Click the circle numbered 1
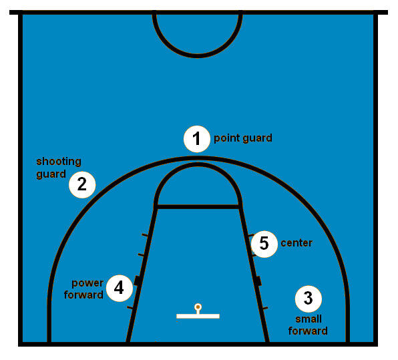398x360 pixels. point(197,139)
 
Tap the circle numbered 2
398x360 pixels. point(82,184)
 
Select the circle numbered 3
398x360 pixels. point(309,299)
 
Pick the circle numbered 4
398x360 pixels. point(120,288)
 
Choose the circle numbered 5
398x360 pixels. point(264,244)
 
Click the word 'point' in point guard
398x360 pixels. point(226,138)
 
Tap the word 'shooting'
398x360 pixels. point(59,162)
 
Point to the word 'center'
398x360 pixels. point(296,243)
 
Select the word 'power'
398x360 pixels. point(87,284)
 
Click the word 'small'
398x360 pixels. point(309,319)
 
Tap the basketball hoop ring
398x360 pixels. point(198,307)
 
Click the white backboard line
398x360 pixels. point(198,316)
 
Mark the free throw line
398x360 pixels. point(198,207)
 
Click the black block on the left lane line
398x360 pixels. point(138,281)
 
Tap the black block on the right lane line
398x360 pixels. point(258,281)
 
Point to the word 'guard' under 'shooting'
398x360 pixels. point(51,174)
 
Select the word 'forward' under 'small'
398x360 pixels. point(308,331)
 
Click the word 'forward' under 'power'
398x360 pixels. point(83,295)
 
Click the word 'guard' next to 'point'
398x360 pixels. point(257,138)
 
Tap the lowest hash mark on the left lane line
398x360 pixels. point(130,308)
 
